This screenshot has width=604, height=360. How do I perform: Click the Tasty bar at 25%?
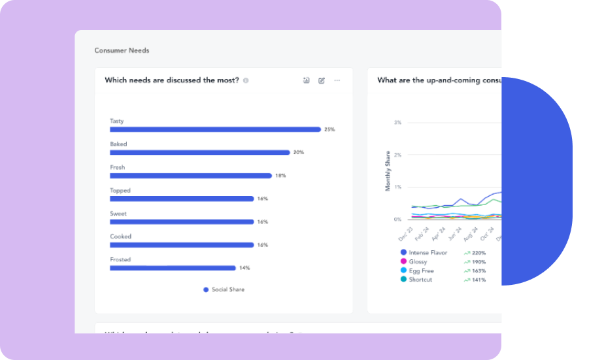(x=215, y=129)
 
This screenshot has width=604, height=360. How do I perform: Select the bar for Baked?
(x=199, y=152)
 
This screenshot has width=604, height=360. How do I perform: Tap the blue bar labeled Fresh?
(x=190, y=176)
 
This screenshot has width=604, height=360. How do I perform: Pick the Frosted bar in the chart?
(x=173, y=268)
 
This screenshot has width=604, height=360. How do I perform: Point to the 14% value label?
(x=244, y=268)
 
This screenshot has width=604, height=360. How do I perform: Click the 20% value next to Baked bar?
(x=299, y=152)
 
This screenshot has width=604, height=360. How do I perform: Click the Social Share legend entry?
(x=224, y=289)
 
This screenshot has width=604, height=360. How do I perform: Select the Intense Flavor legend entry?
(x=428, y=252)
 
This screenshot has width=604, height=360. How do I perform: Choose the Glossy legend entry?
(x=418, y=261)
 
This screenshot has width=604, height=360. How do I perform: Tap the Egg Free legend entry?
(x=421, y=270)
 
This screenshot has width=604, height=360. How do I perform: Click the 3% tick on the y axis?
(x=397, y=123)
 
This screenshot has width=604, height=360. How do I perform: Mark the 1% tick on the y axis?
(x=397, y=187)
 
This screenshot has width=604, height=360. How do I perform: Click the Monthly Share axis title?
(x=388, y=171)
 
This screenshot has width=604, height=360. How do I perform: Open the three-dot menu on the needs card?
(x=337, y=80)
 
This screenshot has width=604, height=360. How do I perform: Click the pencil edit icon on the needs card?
(x=322, y=80)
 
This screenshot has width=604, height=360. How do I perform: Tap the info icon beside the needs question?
(x=246, y=81)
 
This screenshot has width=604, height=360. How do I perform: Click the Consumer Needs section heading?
(x=122, y=50)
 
